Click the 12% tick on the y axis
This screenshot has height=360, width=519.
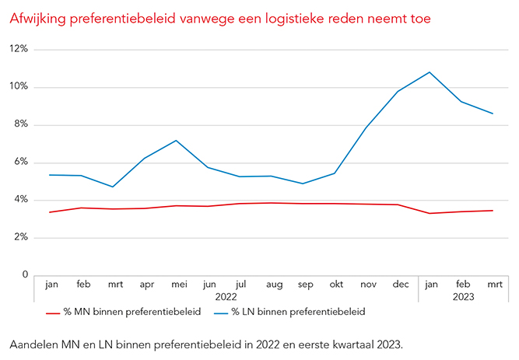point(19,49)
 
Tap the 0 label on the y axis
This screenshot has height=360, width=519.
point(24,275)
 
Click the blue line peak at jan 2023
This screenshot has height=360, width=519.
point(430,72)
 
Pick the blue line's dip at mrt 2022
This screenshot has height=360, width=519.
point(113,187)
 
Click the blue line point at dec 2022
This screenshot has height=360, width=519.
point(398,91)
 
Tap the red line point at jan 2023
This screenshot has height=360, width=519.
point(430,213)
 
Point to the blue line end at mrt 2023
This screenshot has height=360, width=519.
point(493,114)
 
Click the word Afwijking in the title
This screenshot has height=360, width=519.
point(35,16)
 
